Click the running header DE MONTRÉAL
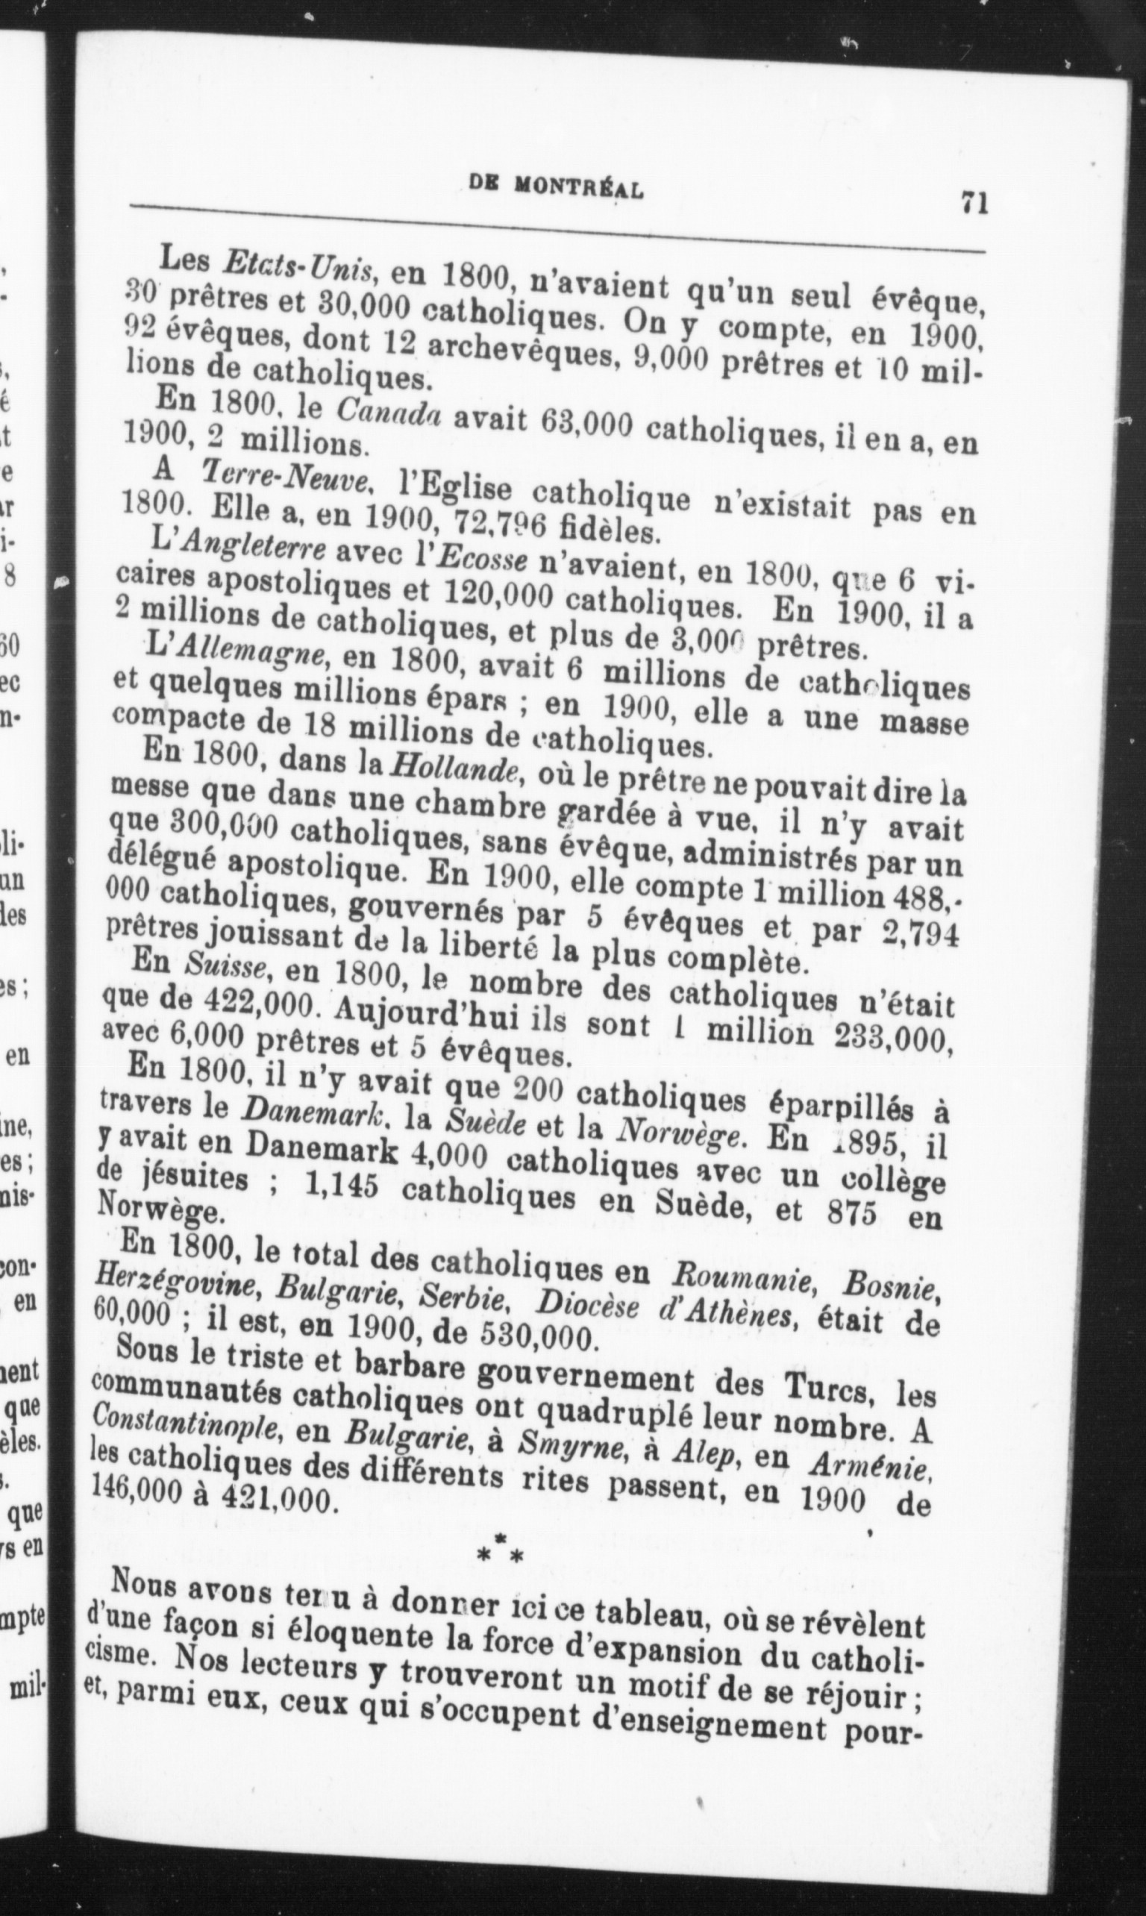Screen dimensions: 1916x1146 coord(556,188)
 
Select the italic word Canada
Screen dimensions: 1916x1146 coord(389,415)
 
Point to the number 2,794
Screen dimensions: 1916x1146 coord(920,936)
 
